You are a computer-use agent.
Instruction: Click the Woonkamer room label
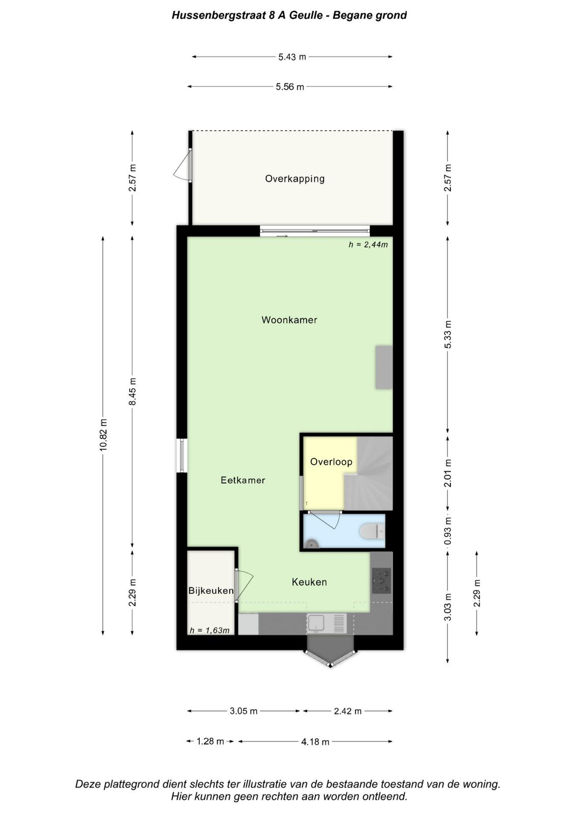(289, 320)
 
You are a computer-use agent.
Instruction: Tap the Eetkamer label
(243, 480)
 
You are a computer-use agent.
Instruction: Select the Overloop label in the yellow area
(331, 462)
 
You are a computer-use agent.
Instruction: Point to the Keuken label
(309, 582)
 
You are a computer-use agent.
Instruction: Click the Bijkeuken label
(210, 590)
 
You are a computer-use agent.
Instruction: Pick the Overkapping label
(294, 179)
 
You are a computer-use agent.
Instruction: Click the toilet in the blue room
(372, 531)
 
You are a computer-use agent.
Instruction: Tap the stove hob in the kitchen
(381, 581)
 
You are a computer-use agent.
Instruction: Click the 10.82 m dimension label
(104, 435)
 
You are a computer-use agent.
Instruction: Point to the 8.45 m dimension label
(133, 392)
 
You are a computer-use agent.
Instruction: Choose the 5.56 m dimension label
(289, 87)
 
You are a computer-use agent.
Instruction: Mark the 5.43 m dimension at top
(292, 57)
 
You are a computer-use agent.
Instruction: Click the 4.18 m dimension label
(315, 742)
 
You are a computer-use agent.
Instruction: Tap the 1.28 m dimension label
(210, 741)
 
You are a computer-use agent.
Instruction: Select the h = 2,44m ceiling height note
(368, 244)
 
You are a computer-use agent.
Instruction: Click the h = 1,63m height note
(209, 631)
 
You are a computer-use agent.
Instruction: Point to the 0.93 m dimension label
(448, 530)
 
